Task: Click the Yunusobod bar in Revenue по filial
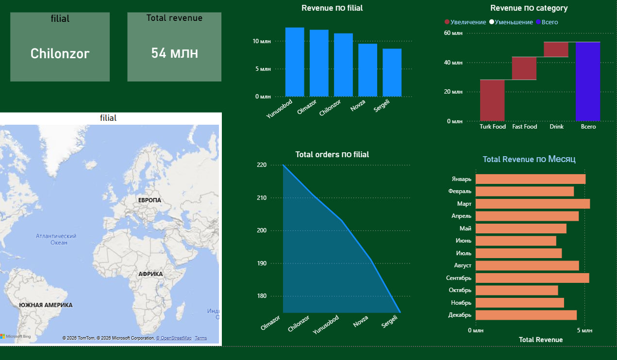(295, 62)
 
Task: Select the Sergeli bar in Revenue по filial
(392, 73)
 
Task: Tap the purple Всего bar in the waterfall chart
(588, 82)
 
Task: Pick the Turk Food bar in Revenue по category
(492, 100)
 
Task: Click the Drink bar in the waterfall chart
(556, 49)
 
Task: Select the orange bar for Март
(533, 204)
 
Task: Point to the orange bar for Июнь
(516, 241)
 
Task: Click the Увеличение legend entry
(465, 22)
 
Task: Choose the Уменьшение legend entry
(511, 22)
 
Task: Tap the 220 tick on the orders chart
(262, 165)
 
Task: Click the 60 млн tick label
(453, 33)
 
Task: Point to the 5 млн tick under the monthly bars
(584, 330)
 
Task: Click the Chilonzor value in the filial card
(60, 53)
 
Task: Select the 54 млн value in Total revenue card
(174, 53)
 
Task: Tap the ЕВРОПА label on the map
(150, 200)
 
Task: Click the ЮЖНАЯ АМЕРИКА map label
(46, 305)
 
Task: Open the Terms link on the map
(201, 338)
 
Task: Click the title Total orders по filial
(332, 154)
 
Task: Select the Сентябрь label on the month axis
(459, 278)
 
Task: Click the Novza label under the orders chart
(361, 321)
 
